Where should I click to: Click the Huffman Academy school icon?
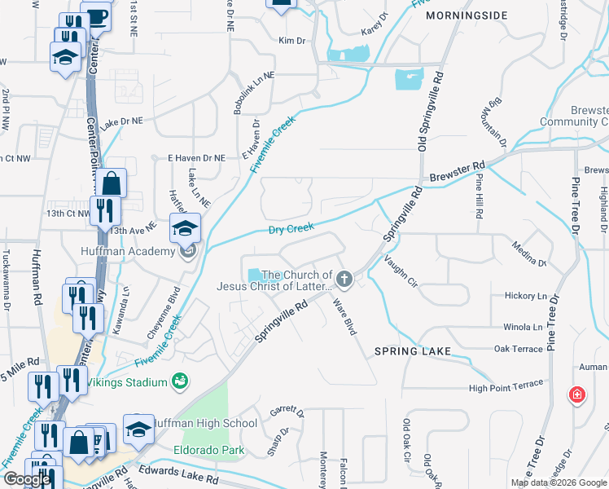click(x=185, y=228)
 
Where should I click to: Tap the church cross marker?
click(x=344, y=280)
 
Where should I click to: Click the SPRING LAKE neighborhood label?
click(x=411, y=351)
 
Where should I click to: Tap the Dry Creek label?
click(x=291, y=230)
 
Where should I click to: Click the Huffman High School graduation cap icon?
click(x=138, y=430)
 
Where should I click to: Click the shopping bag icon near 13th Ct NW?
click(x=112, y=183)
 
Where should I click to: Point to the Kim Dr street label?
click(x=291, y=40)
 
